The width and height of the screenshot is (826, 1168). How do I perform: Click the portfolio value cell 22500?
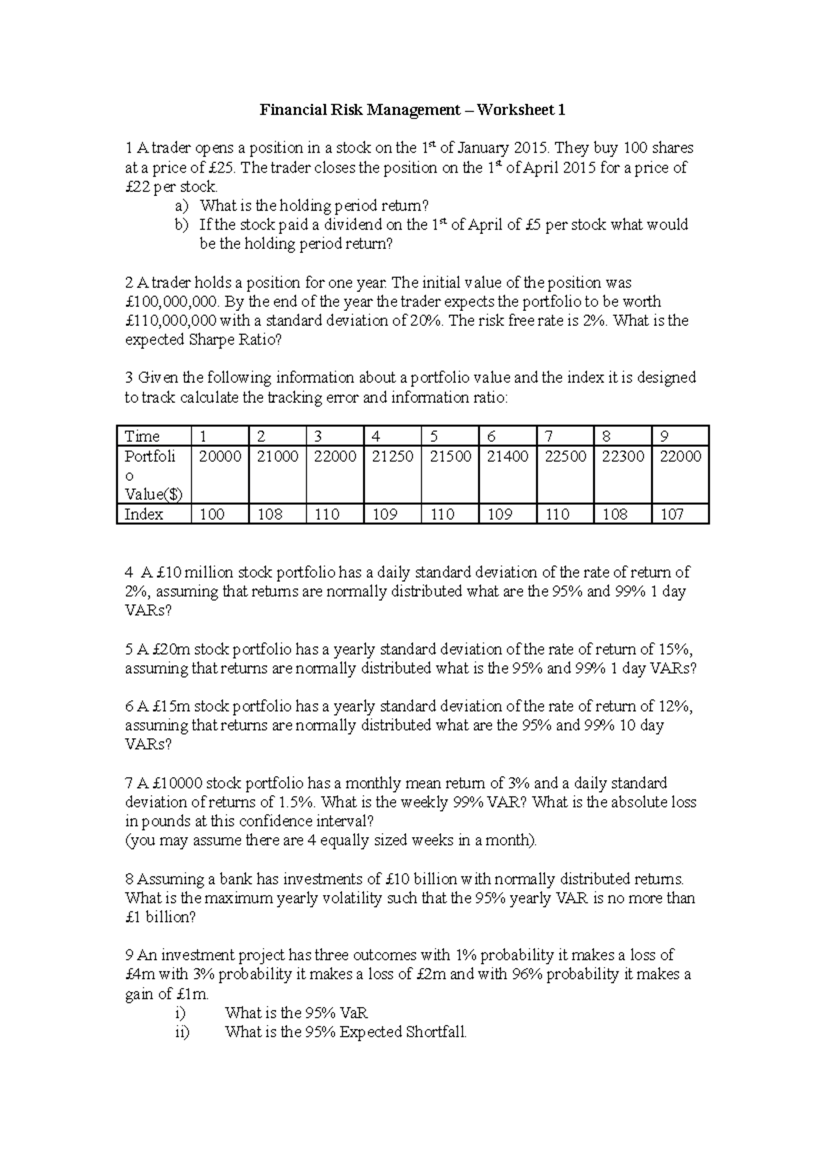click(x=565, y=457)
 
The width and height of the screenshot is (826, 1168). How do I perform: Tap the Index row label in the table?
click(x=144, y=515)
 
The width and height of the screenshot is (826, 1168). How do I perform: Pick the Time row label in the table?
click(x=142, y=436)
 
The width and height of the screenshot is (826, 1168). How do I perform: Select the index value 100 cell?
click(x=211, y=515)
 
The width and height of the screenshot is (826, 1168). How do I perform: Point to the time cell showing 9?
click(x=664, y=436)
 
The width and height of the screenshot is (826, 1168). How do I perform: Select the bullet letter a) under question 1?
click(x=181, y=206)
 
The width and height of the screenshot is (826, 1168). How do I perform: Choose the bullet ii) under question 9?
click(x=182, y=1032)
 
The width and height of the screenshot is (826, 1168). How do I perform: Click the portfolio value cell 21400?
click(x=507, y=457)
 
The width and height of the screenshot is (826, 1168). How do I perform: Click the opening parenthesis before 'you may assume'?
click(x=127, y=841)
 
